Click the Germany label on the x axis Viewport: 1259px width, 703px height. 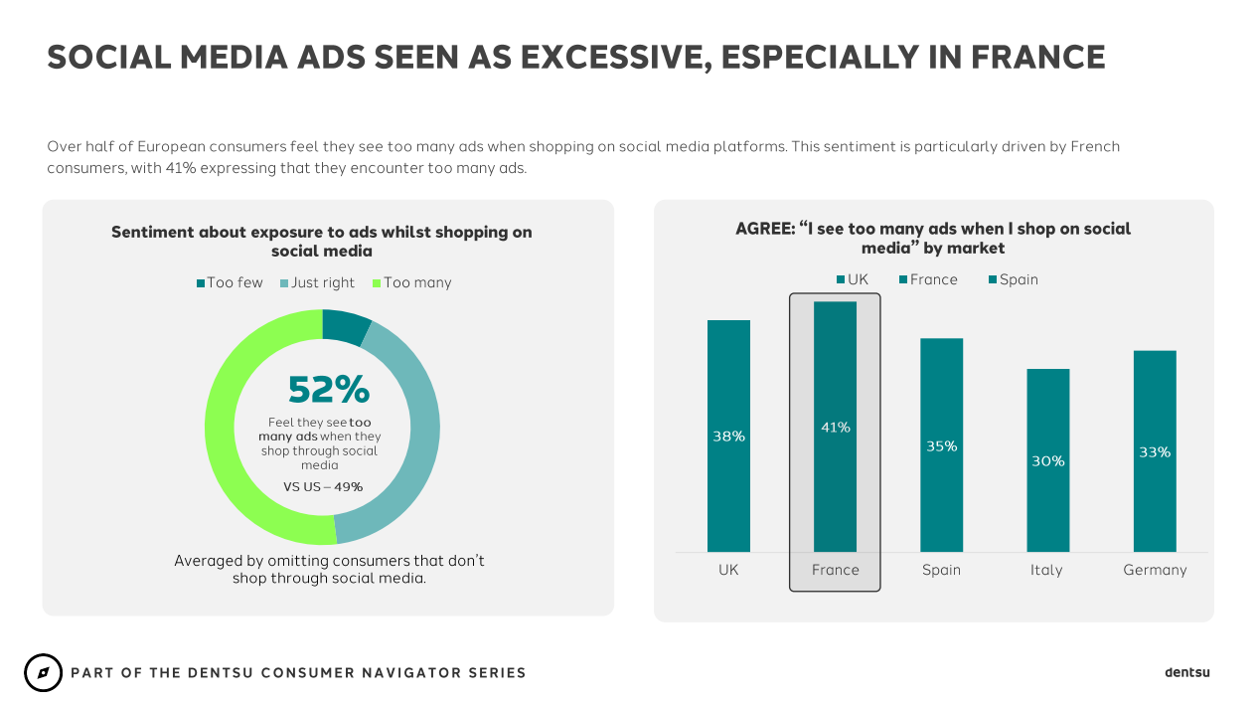(1155, 570)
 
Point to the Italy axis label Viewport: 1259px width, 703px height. (1046, 570)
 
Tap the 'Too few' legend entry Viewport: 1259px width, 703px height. (230, 282)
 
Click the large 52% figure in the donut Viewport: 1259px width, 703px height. (328, 389)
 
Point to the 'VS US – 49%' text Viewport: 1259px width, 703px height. (323, 487)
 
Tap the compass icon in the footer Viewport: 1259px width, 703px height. (43, 673)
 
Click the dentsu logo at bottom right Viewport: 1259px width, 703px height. (1186, 673)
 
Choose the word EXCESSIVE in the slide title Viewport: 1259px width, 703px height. (609, 58)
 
